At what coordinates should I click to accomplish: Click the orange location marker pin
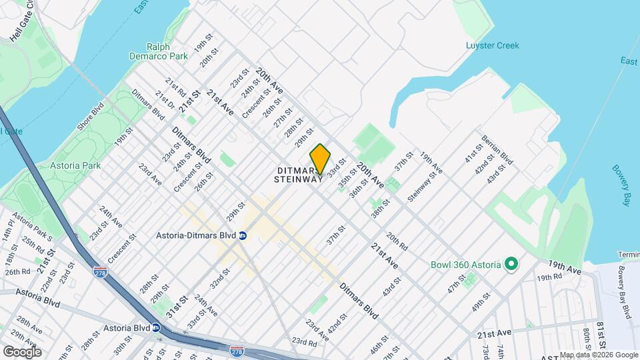320,159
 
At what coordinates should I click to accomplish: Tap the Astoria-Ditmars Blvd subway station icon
243,235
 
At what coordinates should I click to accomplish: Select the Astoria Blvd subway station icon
155,327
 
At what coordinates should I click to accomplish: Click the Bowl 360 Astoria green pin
511,265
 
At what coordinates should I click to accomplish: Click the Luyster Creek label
492,46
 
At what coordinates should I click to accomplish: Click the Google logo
22,351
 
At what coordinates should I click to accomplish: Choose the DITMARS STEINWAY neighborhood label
299,175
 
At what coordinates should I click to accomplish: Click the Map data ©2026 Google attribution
598,355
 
